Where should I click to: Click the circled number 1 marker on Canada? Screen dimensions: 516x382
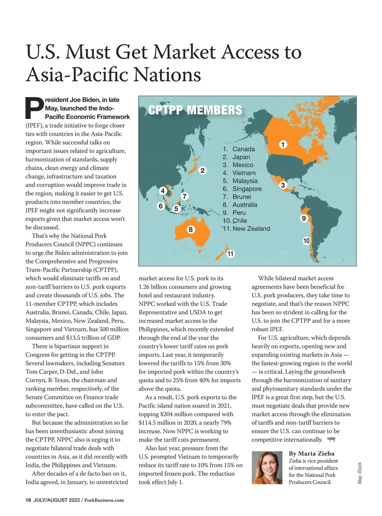[x=283, y=144]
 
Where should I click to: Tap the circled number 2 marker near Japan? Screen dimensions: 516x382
[x=202, y=170]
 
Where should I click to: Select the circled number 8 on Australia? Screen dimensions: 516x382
[x=190, y=230]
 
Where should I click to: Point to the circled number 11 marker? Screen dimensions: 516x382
[x=230, y=254]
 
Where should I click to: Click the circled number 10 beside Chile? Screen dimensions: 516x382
[x=306, y=241]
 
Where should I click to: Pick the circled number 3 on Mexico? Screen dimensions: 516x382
[x=283, y=185]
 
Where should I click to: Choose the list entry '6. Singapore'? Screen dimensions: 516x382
[x=242, y=189]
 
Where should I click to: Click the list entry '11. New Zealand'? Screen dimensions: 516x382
[x=246, y=229]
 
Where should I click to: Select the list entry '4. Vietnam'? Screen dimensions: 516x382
[x=239, y=173]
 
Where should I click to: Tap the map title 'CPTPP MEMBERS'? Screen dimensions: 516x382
[x=195, y=110]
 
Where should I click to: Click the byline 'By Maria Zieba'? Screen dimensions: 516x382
[x=311, y=453]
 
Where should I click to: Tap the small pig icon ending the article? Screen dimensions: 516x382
[x=331, y=440]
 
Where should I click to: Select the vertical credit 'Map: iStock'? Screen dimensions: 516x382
[x=360, y=473]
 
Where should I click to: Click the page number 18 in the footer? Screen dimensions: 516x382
[x=28, y=500]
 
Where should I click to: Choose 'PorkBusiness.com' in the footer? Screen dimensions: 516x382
[x=104, y=500]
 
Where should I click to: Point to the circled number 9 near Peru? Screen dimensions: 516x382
[x=304, y=218]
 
